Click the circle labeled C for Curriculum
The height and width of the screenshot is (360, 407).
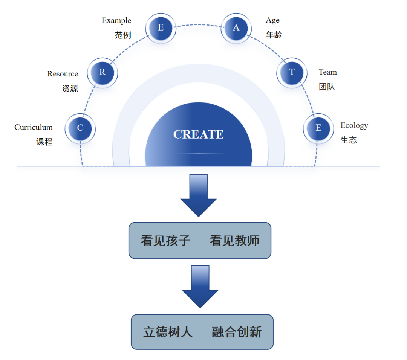coord(80,128)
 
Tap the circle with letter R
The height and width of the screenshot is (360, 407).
coord(102,72)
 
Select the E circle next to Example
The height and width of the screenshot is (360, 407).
coord(161,28)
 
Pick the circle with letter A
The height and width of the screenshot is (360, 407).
coord(236,28)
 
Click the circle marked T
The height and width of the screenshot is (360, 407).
coord(292,72)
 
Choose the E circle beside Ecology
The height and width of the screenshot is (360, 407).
coord(318,128)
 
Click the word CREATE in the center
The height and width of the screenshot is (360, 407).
coord(198,134)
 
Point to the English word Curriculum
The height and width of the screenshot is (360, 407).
coord(34,127)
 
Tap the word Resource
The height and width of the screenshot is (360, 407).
coord(63,74)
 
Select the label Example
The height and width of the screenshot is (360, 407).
coord(116,20)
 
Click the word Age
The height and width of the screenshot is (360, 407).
coord(272,20)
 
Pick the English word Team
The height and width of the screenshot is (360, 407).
coord(327,72)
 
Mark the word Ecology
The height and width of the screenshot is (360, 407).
coord(354,125)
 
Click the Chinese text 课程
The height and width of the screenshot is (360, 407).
coord(44,142)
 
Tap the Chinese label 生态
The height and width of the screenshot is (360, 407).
coord(349,140)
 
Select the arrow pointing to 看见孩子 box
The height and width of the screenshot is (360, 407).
coord(199,195)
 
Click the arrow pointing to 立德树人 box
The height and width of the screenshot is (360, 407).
coord(200,287)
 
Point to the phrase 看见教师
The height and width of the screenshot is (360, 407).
coord(234,241)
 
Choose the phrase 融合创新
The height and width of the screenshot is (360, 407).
coord(237,332)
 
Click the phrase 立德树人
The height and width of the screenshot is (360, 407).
coord(168,332)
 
